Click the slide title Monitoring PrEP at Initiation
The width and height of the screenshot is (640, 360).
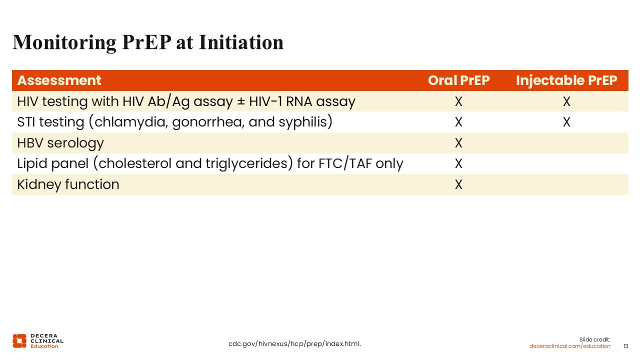tap(148, 43)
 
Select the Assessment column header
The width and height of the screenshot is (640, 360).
tap(59, 80)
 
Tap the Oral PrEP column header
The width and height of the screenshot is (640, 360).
tap(458, 80)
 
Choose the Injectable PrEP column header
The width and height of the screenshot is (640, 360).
tap(566, 80)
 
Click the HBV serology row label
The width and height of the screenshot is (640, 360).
tap(60, 143)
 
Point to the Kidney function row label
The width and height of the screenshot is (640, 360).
tap(68, 184)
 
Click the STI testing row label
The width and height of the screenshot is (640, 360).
tap(175, 122)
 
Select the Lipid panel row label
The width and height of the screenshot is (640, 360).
tap(210, 163)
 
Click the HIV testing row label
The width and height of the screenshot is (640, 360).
tap(186, 101)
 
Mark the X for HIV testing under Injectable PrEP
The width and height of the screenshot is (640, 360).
tap(566, 101)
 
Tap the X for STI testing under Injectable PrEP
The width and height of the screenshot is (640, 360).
tap(566, 122)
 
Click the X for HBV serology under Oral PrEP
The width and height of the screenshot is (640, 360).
tap(458, 143)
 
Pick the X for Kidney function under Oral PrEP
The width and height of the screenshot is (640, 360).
tap(458, 184)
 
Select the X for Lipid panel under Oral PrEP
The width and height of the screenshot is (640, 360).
tap(458, 163)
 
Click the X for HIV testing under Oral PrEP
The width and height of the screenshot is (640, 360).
tap(458, 101)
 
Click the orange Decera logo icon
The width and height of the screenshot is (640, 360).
tap(19, 341)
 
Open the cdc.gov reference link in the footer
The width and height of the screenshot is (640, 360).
tap(294, 344)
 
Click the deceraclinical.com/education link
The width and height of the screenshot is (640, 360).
tap(569, 346)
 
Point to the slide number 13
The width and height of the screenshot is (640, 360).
tap(625, 346)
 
